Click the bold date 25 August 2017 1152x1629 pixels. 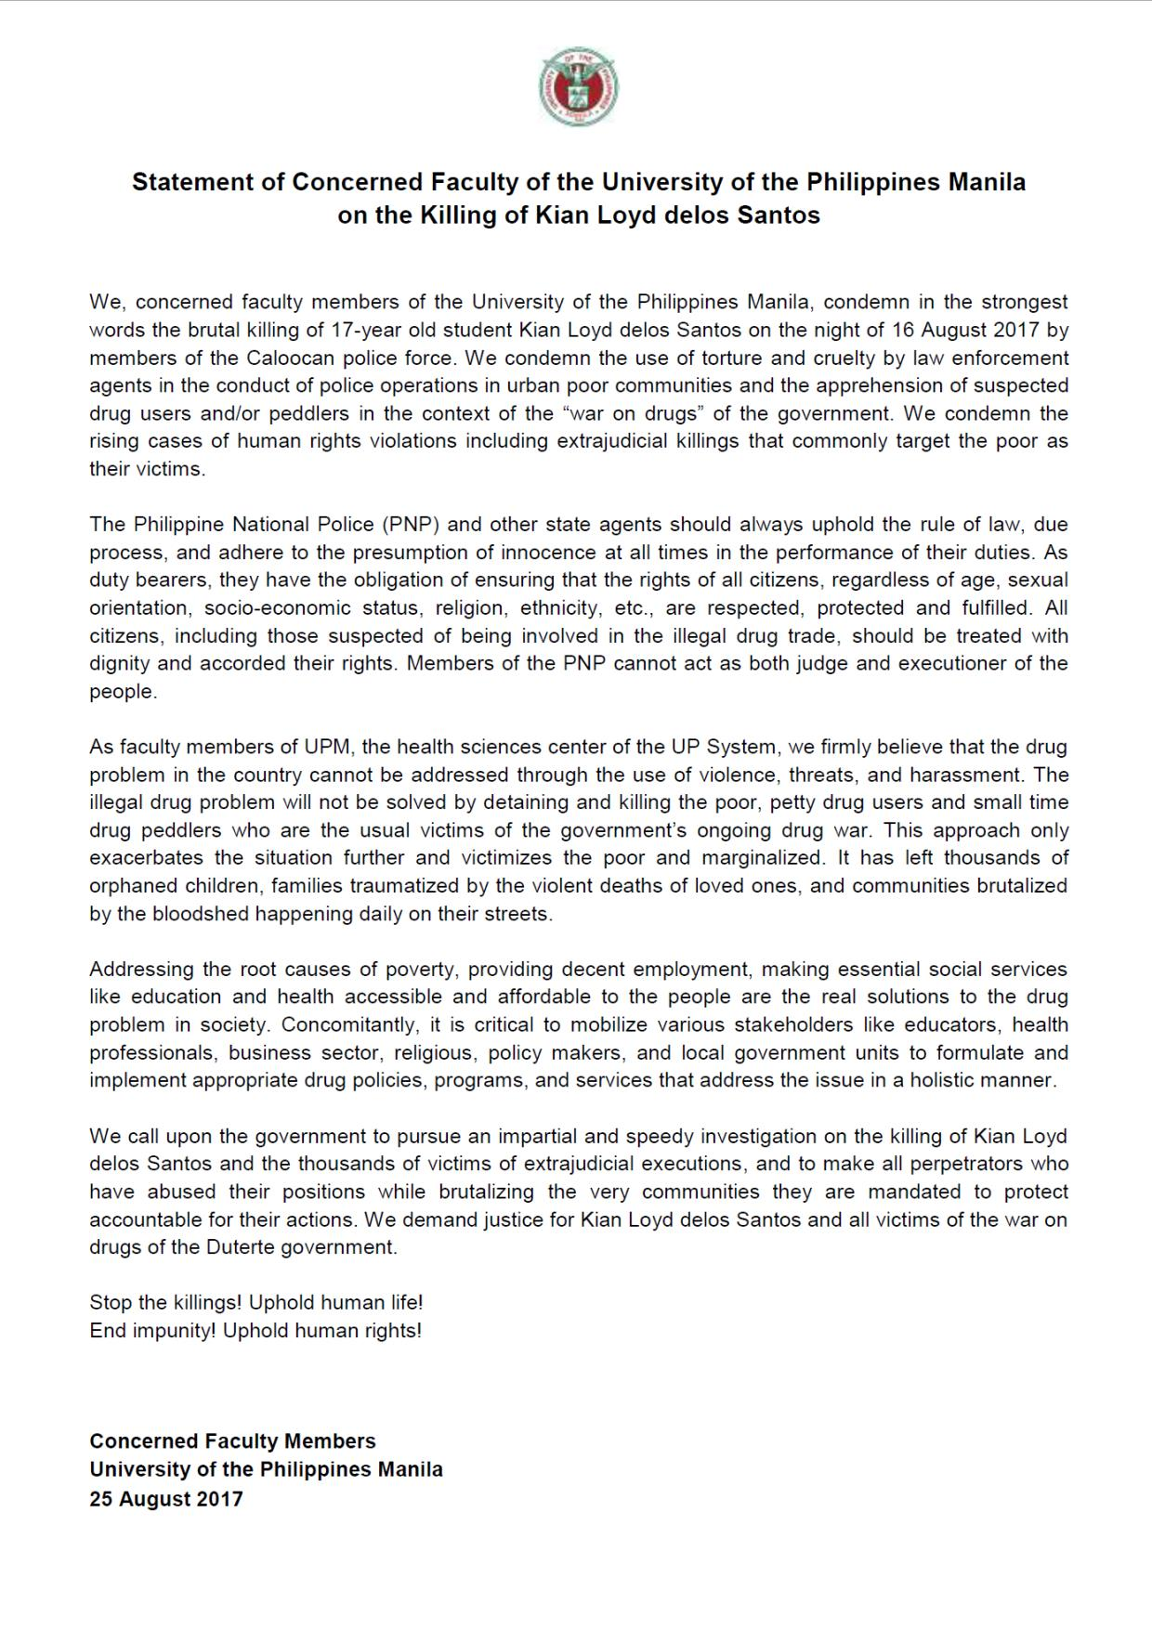point(166,1499)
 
